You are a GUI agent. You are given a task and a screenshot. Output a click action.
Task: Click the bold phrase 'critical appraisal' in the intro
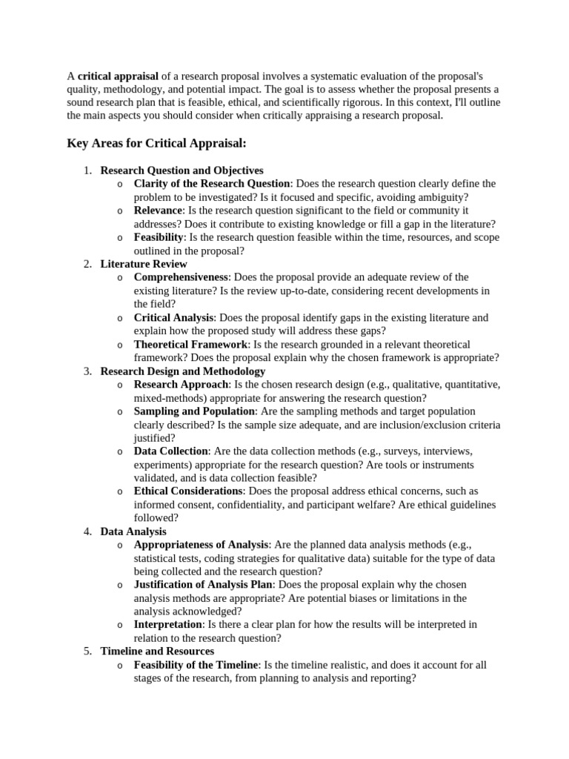tap(118, 76)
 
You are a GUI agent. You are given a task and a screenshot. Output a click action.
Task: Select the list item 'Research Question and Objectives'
tap(182, 170)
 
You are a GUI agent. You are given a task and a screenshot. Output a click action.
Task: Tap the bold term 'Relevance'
tap(158, 211)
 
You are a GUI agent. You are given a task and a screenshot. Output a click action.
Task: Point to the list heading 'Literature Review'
tap(144, 264)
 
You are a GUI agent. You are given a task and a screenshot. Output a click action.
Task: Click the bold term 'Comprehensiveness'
tap(182, 277)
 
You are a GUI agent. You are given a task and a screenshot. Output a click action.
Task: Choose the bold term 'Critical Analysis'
tap(173, 317)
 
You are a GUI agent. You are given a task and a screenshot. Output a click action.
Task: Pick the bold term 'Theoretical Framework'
tap(190, 345)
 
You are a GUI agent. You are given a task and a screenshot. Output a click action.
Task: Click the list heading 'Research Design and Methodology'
tap(182, 371)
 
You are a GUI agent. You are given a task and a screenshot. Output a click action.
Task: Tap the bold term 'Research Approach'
tap(181, 385)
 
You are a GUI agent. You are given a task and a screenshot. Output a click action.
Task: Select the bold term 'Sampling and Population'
tap(194, 411)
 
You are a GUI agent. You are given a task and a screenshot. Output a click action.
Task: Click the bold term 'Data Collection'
tap(170, 451)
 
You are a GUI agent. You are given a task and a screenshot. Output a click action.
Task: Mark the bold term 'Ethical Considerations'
tap(188, 491)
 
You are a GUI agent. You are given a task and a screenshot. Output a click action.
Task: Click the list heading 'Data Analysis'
tap(133, 531)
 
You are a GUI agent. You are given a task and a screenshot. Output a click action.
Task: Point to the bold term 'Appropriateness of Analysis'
tap(201, 545)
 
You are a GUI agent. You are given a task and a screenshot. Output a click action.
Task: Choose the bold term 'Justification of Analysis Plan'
tap(204, 585)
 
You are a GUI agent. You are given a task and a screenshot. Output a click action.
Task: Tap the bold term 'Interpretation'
tap(167, 625)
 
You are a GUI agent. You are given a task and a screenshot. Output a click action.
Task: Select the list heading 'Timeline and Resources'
tap(157, 652)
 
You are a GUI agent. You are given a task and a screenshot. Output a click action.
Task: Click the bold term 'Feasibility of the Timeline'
tap(196, 665)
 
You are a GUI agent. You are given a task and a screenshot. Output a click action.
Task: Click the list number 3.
tap(87, 371)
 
